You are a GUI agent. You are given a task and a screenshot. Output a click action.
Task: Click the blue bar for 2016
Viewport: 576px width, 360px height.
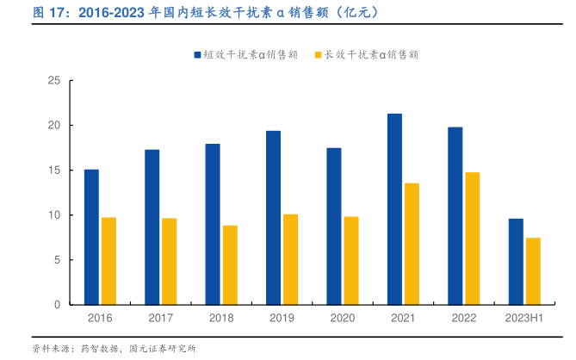tap(91, 237)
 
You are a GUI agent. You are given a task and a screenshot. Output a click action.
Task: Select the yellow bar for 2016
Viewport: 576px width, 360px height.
tap(108, 261)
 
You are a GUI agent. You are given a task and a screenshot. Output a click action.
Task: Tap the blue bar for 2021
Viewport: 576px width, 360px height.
tap(394, 209)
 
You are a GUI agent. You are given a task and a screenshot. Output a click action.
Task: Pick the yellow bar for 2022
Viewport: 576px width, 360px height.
tap(473, 239)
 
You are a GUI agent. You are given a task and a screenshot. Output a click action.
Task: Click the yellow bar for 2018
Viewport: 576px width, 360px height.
tap(230, 265)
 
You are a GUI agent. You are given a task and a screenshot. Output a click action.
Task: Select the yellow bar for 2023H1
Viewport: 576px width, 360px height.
tap(533, 271)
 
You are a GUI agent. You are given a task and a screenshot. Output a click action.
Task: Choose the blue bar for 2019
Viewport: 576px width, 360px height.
tap(273, 218)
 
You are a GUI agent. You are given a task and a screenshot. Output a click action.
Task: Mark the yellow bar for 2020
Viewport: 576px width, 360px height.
tap(351, 261)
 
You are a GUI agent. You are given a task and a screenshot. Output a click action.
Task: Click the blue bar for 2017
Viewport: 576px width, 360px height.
tap(152, 227)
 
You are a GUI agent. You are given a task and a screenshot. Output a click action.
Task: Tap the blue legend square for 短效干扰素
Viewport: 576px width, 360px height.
tap(197, 54)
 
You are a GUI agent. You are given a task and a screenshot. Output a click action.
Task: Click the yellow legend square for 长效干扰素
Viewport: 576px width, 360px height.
tap(318, 54)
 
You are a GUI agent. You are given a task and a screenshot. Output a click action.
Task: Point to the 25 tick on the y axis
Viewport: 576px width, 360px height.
tap(54, 81)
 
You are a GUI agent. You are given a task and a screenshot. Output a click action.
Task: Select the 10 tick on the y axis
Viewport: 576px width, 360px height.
tap(54, 215)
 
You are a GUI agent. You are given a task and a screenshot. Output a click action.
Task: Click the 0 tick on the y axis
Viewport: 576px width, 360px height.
tap(57, 305)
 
